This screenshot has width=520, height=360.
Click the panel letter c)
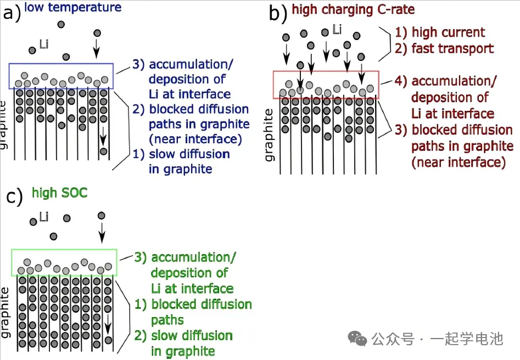coord(14,195)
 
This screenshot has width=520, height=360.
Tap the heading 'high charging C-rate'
coord(353,9)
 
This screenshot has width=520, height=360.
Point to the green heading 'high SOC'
coord(60,193)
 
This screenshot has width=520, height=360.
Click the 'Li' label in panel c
coord(43,218)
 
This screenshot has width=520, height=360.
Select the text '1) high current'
coord(440,32)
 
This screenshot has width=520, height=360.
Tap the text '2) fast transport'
coord(444,48)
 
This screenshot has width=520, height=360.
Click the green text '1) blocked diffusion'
coord(193,305)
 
